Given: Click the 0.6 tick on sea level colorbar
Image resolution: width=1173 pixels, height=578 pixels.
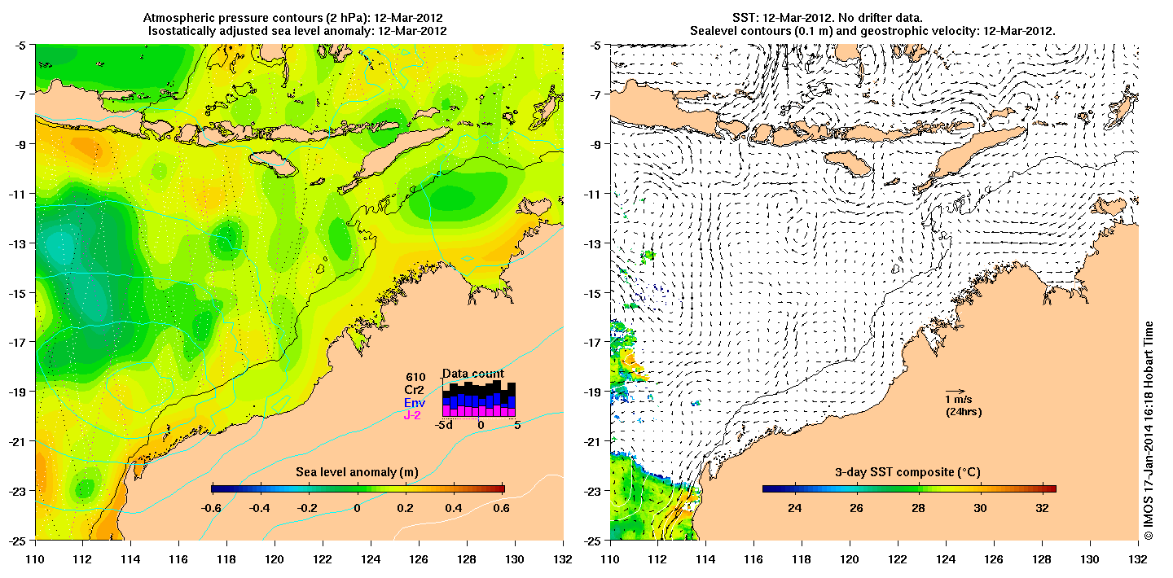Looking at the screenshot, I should click(502, 507).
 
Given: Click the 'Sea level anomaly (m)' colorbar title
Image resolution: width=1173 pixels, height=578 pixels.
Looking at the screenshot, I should click(357, 473).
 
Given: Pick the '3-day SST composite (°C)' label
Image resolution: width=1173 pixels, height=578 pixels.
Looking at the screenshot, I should click(908, 473).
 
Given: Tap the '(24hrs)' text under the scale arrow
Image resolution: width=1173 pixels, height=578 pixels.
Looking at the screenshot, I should click(962, 412).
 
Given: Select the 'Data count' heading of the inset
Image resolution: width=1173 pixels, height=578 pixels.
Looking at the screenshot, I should click(472, 374).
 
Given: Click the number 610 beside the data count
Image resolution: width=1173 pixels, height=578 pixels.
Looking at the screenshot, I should click(415, 377).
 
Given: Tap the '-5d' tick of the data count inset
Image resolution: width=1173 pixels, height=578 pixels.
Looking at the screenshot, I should click(444, 424).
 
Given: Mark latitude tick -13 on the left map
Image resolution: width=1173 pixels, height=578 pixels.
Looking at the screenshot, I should click(17, 243).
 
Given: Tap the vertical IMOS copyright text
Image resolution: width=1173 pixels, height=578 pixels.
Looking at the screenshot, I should click(1149, 431).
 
